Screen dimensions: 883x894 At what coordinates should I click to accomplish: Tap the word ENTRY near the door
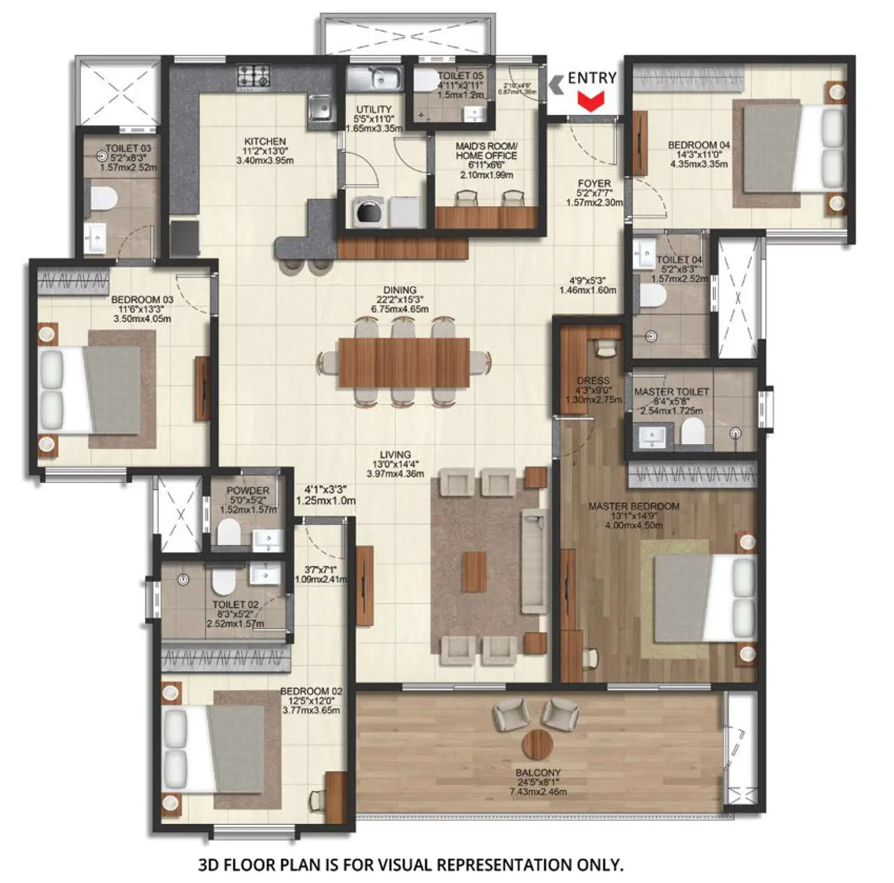592,78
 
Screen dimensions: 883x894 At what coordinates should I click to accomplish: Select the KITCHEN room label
265,141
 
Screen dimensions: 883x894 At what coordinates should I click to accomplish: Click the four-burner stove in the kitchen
254,76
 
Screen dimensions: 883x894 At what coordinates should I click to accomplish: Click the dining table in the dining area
404,362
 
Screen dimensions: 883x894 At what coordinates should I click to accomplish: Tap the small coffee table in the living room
474,571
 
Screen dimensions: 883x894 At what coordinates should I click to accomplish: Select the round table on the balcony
538,744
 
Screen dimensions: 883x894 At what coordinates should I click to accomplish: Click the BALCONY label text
538,772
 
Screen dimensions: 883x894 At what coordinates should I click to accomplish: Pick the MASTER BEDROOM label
633,506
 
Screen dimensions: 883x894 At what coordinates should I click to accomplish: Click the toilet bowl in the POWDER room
229,532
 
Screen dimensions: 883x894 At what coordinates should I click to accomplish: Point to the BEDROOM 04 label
699,145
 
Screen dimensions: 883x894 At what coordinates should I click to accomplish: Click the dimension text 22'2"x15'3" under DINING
399,299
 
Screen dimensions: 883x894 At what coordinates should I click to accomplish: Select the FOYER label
594,183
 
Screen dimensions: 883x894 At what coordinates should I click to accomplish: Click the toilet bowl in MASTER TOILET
692,431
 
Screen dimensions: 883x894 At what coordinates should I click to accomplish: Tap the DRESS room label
593,381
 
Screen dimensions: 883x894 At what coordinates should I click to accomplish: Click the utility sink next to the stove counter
375,78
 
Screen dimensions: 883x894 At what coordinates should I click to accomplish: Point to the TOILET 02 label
235,605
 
